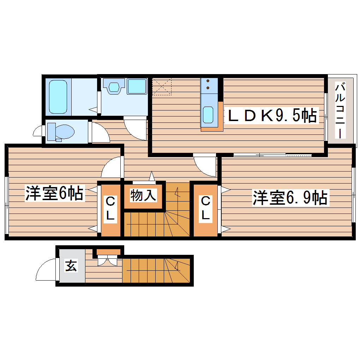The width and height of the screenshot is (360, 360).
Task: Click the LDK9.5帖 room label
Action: (272, 116)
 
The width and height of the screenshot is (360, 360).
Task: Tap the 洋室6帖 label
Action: (54, 193)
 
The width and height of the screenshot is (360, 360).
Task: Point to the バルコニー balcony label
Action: (340, 110)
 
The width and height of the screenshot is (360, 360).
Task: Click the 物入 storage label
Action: (143, 195)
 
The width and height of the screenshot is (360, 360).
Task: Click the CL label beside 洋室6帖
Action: (110, 209)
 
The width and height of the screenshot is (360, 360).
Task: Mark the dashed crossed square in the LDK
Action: (162, 86)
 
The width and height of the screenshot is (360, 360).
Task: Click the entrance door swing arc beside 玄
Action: (45, 270)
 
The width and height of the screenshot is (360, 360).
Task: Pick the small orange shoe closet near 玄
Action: (108, 252)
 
